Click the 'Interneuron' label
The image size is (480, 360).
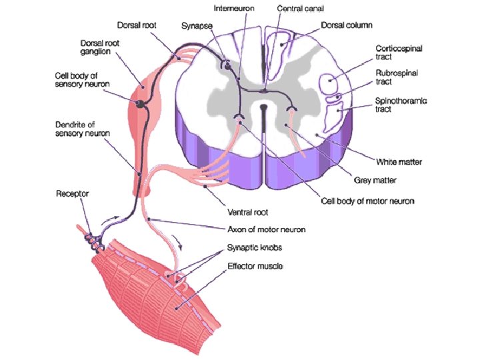coord(234,11)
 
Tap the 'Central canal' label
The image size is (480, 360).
coord(298,11)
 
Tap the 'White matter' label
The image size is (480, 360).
coord(399,161)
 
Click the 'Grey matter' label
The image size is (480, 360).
coord(375,179)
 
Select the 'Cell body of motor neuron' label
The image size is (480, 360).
coord(367,201)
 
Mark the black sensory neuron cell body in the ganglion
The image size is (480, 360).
coord(141,103)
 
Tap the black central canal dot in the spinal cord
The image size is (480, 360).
coord(263,107)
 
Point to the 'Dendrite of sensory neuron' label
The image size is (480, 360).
coord(83,129)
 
